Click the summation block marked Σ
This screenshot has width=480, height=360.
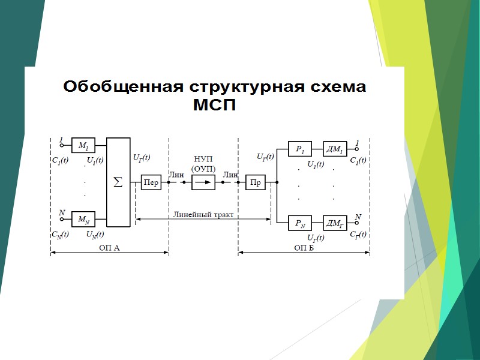tap(118, 182)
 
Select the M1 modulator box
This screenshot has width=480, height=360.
tap(83, 145)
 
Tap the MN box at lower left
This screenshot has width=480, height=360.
tap(83, 219)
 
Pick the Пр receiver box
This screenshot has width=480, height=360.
tap(255, 182)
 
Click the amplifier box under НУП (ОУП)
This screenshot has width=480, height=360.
tap(203, 182)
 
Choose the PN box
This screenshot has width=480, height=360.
tap(300, 223)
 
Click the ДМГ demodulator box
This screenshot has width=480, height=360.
tap(334, 223)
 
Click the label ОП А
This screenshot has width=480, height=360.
tap(109, 247)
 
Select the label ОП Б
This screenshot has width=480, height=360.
tap(304, 247)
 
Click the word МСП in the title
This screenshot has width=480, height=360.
tap(214, 106)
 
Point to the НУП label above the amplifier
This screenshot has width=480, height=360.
tap(203, 159)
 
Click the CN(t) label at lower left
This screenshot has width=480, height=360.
tap(59, 234)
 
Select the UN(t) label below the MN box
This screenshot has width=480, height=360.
tap(95, 234)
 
